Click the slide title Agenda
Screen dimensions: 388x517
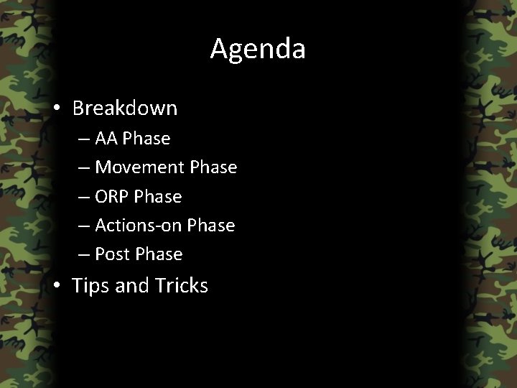258,49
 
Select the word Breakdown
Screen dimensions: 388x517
125,108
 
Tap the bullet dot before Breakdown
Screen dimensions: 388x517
56,109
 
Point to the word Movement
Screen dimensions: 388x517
140,167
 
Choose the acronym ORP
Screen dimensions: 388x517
112,197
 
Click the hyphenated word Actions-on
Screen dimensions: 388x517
139,226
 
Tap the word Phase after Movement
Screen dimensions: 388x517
213,167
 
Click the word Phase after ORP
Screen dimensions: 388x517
158,197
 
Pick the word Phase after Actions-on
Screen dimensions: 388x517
211,226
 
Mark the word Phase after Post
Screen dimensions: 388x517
159,254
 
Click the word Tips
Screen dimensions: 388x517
90,286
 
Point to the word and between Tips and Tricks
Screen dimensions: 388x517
131,286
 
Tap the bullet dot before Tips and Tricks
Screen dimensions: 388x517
56,287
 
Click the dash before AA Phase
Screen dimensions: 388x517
83,139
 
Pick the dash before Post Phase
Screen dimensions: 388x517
83,255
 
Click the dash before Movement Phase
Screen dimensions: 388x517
83,168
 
